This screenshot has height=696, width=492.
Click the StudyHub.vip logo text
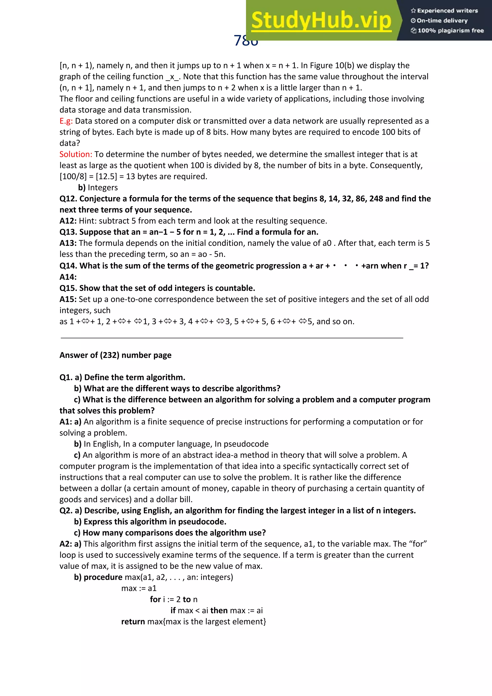pyautogui.click(x=321, y=20)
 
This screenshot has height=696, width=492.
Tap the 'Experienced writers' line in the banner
pyautogui.click(x=444, y=11)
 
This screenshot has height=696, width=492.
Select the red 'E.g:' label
pyautogui.click(x=66, y=121)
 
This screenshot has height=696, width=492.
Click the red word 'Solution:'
pyautogui.click(x=75, y=154)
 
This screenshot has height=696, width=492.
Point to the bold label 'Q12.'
pyautogui.click(x=68, y=199)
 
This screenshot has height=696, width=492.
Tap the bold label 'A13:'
pyautogui.click(x=68, y=243)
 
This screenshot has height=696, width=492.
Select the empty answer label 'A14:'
pyautogui.click(x=68, y=277)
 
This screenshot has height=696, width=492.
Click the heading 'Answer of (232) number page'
pyautogui.click(x=115, y=355)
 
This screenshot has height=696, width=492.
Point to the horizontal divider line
pyautogui.click(x=232, y=338)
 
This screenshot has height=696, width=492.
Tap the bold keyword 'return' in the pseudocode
pyautogui.click(x=133, y=622)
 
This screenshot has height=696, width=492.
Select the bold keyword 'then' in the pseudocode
pyautogui.click(x=219, y=610)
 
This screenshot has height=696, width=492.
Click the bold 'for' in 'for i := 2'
pyautogui.click(x=155, y=599)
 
